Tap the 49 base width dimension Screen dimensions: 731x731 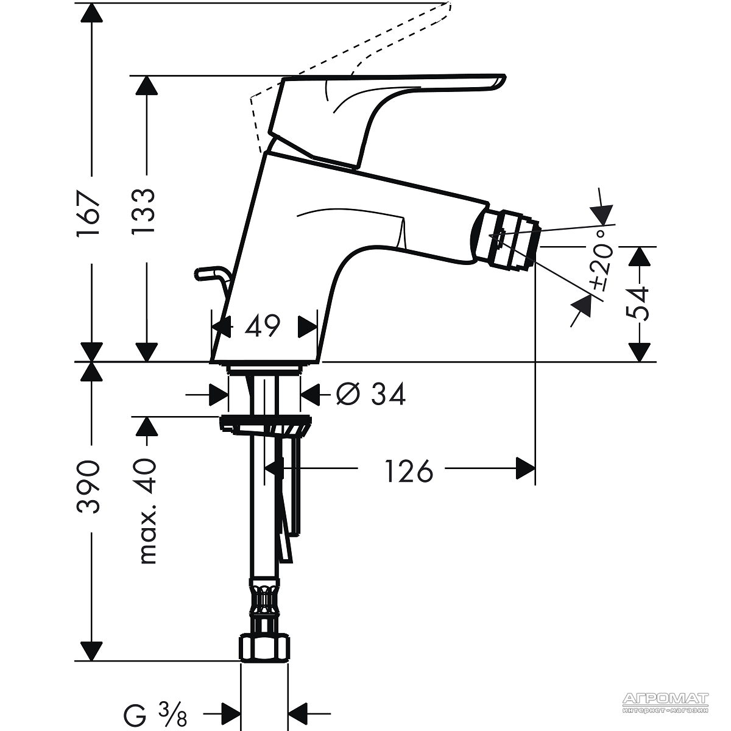262,325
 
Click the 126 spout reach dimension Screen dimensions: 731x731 409,471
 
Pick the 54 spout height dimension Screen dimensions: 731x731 639,303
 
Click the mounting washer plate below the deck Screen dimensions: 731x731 266,424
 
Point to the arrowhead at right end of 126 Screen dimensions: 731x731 525,468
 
